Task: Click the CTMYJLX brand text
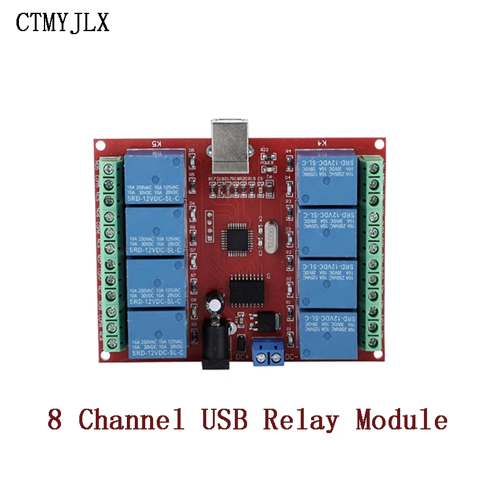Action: coord(62,23)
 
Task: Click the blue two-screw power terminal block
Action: coord(270,351)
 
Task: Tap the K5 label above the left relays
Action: coord(157,143)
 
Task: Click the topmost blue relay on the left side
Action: coord(156,178)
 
